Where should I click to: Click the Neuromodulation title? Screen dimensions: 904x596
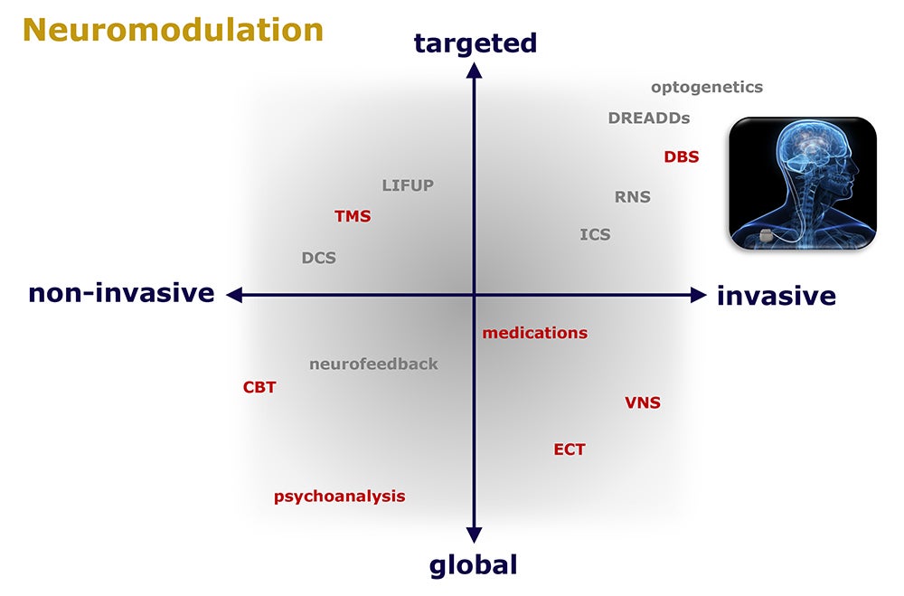[173, 30]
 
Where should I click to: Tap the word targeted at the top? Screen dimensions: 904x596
[476, 43]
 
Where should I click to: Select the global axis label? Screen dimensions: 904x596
[474, 565]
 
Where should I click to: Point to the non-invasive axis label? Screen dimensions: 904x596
[122, 293]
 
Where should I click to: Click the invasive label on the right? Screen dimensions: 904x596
[777, 296]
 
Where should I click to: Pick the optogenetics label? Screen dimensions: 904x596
[707, 88]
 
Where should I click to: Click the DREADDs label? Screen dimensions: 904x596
[649, 118]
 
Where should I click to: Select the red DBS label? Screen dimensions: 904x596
[682, 157]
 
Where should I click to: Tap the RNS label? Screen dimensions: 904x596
[633, 197]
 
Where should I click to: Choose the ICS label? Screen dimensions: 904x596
[595, 235]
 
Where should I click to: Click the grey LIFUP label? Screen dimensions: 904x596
[408, 185]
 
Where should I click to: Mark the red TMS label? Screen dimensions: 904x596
[353, 216]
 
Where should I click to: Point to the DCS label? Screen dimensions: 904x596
[319, 258]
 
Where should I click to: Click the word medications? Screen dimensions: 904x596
[535, 333]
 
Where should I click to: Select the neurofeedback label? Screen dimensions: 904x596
[373, 364]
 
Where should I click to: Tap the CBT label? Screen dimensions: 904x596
[259, 387]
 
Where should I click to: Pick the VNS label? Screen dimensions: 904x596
[643, 402]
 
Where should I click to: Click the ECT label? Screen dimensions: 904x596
[570, 449]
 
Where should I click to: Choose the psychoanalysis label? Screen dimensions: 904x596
[340, 497]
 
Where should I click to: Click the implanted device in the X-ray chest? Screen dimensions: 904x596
[767, 235]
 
